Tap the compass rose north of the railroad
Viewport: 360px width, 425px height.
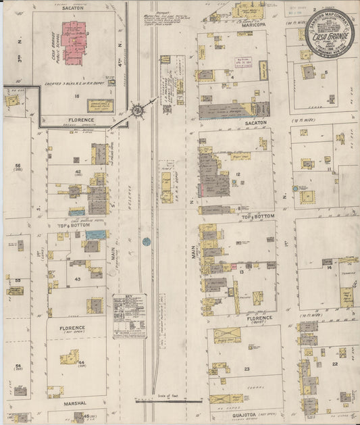tap(136, 110)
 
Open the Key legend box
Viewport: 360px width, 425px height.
tap(129, 316)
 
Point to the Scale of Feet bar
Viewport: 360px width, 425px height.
tap(168, 401)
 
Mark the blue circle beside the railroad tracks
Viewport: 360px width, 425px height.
tap(147, 241)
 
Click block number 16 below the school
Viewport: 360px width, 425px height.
tap(77, 97)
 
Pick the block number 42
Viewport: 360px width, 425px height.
tap(79, 172)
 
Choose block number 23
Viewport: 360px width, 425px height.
tap(247, 368)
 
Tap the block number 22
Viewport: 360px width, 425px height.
tap(335, 364)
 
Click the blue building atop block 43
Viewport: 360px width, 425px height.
tap(96, 234)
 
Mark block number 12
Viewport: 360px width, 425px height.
tap(239, 174)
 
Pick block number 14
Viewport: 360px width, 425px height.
tap(328, 268)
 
